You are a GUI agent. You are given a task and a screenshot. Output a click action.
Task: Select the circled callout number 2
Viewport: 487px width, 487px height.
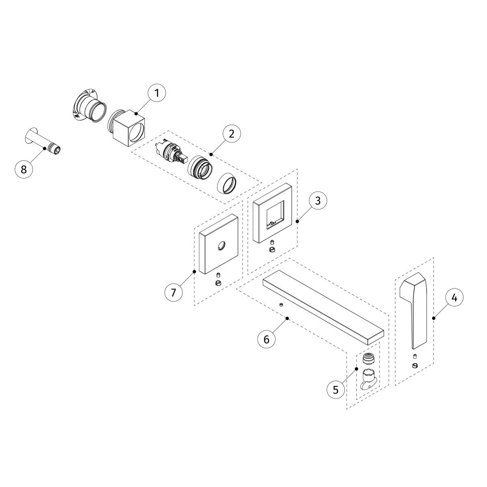point(231,134)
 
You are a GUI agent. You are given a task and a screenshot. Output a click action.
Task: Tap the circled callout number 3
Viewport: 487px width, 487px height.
point(318,200)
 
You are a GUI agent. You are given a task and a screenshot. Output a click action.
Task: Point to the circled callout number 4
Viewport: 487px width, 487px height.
point(455,297)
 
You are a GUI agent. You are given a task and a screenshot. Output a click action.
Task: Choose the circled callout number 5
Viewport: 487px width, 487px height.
point(336,389)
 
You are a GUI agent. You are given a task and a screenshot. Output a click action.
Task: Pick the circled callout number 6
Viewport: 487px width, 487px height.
point(267,339)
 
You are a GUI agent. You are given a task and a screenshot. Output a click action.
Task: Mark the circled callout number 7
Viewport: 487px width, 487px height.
point(174,292)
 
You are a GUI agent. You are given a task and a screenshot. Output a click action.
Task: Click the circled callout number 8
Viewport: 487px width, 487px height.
point(24,169)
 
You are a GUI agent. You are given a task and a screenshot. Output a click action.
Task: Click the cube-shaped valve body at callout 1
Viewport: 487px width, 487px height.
point(129,129)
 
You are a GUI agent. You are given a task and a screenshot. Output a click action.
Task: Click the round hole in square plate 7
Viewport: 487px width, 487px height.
point(221,245)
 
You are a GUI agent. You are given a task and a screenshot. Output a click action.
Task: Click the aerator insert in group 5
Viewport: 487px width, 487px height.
point(368,359)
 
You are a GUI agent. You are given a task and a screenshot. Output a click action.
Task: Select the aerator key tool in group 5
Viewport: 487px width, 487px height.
point(368,379)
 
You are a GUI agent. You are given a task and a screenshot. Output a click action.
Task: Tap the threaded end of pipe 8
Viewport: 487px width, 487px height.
point(55,148)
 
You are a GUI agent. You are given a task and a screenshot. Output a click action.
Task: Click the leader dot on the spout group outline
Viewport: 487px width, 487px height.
point(288,318)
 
